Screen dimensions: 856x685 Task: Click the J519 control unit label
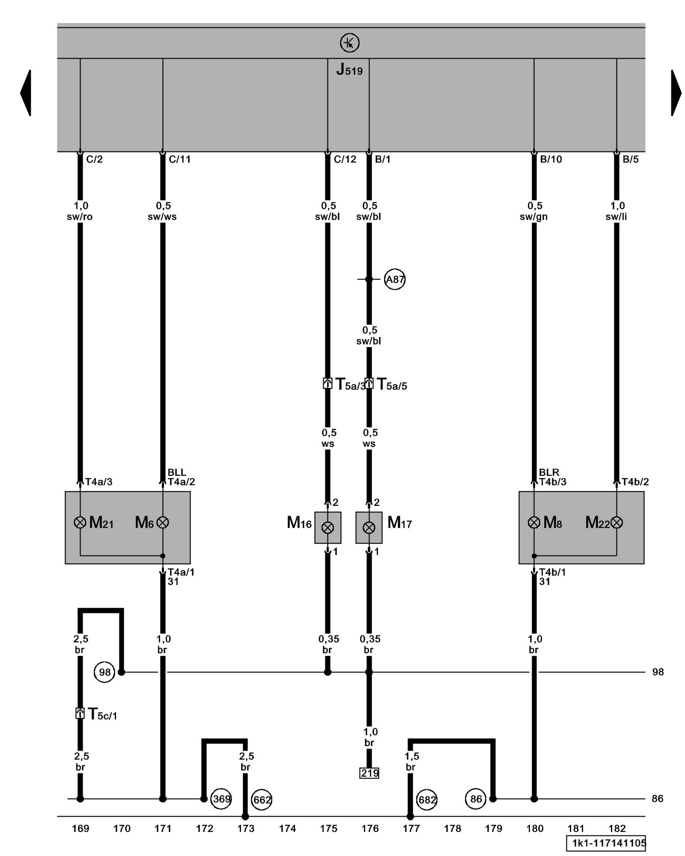(349, 70)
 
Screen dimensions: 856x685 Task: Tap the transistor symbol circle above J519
(349, 43)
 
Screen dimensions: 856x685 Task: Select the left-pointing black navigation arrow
(26, 92)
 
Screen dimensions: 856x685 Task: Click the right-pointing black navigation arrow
(676, 92)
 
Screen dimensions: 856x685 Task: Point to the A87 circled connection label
(394, 279)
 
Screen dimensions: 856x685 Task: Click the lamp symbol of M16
(328, 528)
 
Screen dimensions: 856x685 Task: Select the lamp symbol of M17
(369, 528)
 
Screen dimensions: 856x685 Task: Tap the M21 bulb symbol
(80, 522)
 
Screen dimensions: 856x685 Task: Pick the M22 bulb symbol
(616, 522)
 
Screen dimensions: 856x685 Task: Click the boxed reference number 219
(369, 773)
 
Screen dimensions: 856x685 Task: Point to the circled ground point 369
(221, 799)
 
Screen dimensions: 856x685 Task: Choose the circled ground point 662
(262, 799)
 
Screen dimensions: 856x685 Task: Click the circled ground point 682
(427, 799)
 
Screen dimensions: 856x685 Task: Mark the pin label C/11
(179, 159)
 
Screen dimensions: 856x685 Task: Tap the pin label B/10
(551, 159)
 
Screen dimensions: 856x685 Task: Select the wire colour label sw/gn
(533, 217)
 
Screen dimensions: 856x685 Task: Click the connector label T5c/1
(102, 714)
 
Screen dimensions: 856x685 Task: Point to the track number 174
(287, 829)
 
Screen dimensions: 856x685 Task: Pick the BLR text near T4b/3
(549, 472)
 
